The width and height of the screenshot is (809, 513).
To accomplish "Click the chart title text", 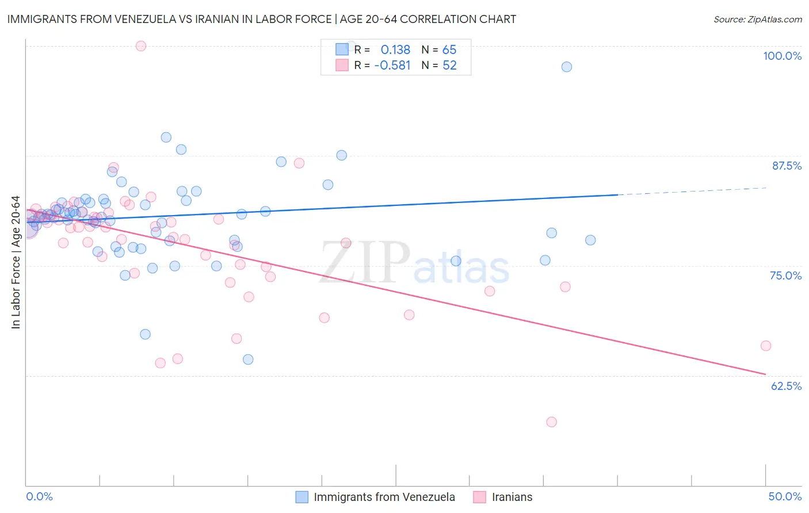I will point(262,19).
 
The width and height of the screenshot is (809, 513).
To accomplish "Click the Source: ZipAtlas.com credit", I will point(757,19).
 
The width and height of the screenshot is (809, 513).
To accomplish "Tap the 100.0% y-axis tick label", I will point(782,56).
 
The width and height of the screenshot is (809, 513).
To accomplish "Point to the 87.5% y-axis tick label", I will point(787,166).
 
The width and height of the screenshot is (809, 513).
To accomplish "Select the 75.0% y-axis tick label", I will point(785,275).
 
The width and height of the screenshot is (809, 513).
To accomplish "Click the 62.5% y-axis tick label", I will point(786,386).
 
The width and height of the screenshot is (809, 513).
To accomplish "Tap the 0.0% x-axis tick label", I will point(39,496).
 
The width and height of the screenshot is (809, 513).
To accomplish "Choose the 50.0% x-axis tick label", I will point(785,496).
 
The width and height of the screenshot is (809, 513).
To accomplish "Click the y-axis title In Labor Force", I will point(16,262).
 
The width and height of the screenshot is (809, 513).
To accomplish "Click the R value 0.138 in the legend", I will point(395,49).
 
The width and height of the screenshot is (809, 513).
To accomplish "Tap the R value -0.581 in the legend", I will point(392,66).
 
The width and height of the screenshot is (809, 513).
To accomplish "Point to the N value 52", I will point(449,66).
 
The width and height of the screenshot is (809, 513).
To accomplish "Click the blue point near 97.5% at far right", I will point(567,67).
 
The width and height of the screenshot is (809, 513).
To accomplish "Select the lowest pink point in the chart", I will point(551,422).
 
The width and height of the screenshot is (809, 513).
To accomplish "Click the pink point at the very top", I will point(141,46).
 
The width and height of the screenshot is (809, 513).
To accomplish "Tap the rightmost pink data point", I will point(766,346).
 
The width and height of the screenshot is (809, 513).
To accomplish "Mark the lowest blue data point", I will point(248,359).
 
